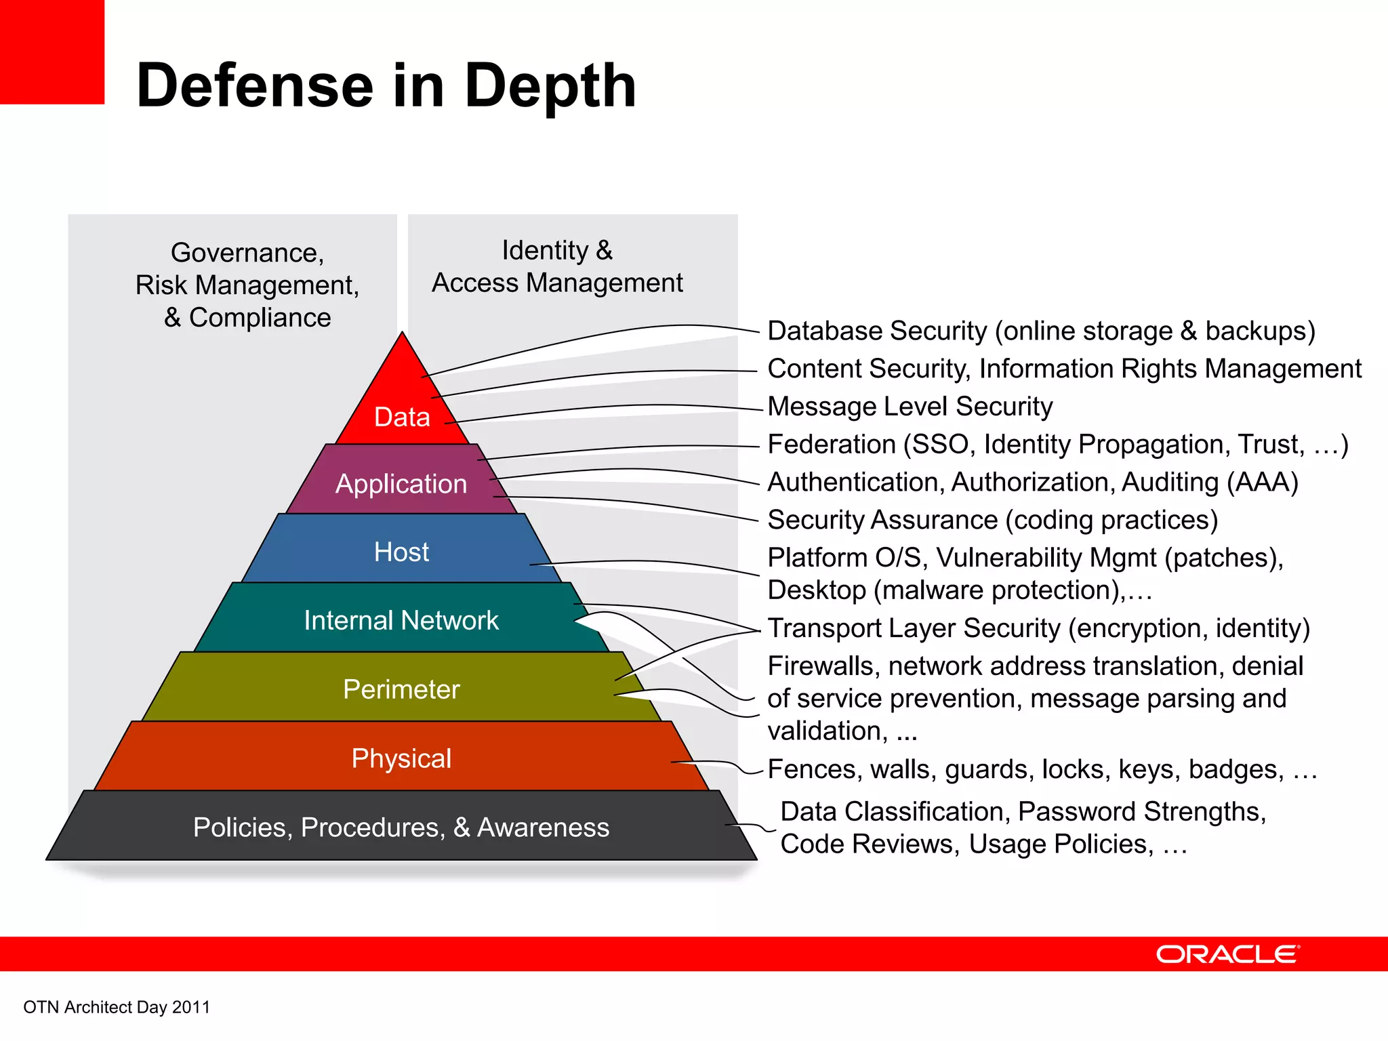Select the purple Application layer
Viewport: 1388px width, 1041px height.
[401, 483]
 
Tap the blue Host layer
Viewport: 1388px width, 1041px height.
[401, 551]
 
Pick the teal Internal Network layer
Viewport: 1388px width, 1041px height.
[401, 620]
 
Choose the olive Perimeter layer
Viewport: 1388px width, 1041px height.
[401, 689]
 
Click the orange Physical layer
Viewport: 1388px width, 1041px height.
[401, 758]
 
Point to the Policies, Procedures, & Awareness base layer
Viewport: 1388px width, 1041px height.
[401, 827]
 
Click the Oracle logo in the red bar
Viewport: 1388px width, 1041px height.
[1227, 954]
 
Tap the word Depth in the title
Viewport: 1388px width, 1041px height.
[550, 85]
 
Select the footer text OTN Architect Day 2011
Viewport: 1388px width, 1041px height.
[117, 1007]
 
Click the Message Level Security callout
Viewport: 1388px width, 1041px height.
[910, 407]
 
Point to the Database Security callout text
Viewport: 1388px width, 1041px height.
[1041, 331]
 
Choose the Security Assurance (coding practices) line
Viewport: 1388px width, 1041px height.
[992, 520]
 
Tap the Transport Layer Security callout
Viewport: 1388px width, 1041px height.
[1038, 628]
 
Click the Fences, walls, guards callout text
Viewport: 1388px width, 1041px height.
[1042, 769]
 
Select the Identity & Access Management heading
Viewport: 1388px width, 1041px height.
[557, 266]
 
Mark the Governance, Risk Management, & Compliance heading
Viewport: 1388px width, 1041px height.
[247, 285]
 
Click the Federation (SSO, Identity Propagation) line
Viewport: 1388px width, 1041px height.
[1057, 445]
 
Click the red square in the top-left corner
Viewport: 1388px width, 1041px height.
[52, 52]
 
